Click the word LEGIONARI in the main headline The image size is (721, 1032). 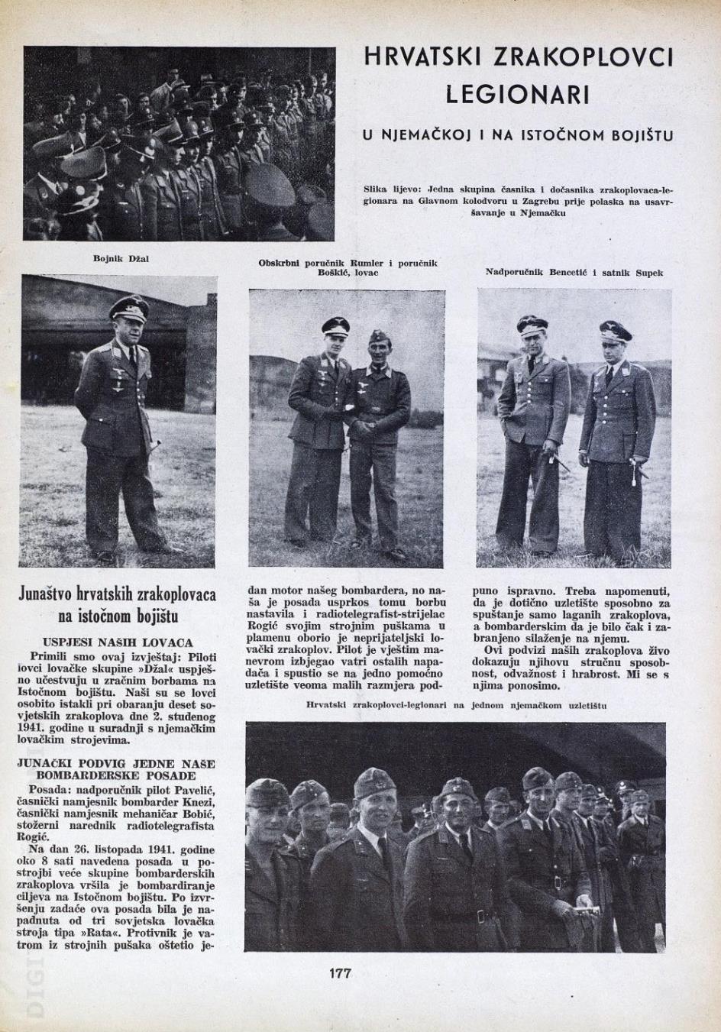pos(517,95)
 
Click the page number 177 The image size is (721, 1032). pos(340,973)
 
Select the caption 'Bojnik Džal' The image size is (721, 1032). pos(121,258)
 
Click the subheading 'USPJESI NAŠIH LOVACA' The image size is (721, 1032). pos(118,642)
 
